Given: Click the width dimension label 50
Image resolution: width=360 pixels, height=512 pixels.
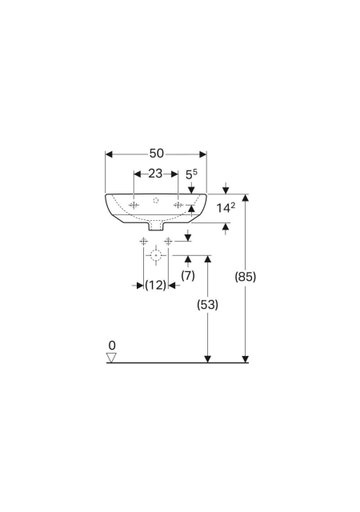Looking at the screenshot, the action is (157, 153).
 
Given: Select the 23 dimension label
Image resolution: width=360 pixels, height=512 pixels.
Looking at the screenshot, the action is (155, 174).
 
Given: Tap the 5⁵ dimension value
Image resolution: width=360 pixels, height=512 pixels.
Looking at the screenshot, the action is (191, 174).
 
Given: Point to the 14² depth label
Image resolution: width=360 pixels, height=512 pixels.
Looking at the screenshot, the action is (226, 207).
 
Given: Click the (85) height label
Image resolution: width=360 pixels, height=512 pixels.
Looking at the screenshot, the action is (246, 277).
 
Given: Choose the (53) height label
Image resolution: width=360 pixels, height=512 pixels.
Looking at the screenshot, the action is (207, 305).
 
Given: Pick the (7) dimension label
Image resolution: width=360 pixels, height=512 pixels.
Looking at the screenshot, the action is (188, 275).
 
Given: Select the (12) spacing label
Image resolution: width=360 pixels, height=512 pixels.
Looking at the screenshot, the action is (155, 286).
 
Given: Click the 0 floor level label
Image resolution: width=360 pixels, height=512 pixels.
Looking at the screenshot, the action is (112, 345).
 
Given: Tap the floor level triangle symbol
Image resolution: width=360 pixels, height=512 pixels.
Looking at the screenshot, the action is (111, 358).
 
